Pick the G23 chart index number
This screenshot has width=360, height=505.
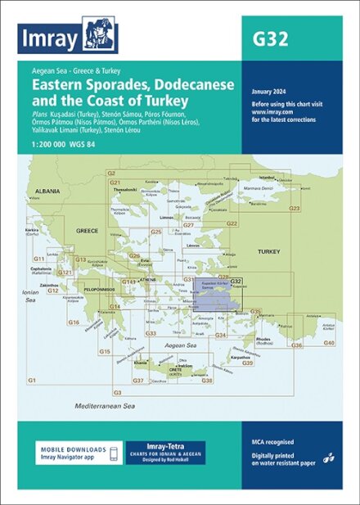(x=295, y=209)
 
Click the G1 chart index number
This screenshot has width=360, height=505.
(x=33, y=381)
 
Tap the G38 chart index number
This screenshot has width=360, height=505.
(x=207, y=381)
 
